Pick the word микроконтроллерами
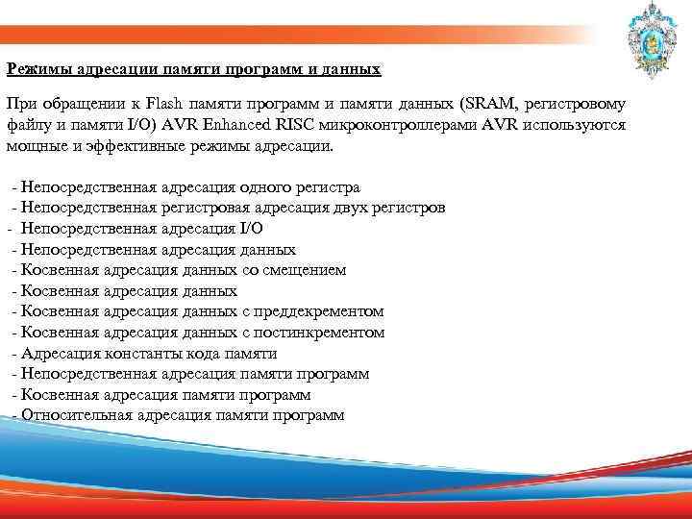point(407,125)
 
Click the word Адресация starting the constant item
point(54,354)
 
